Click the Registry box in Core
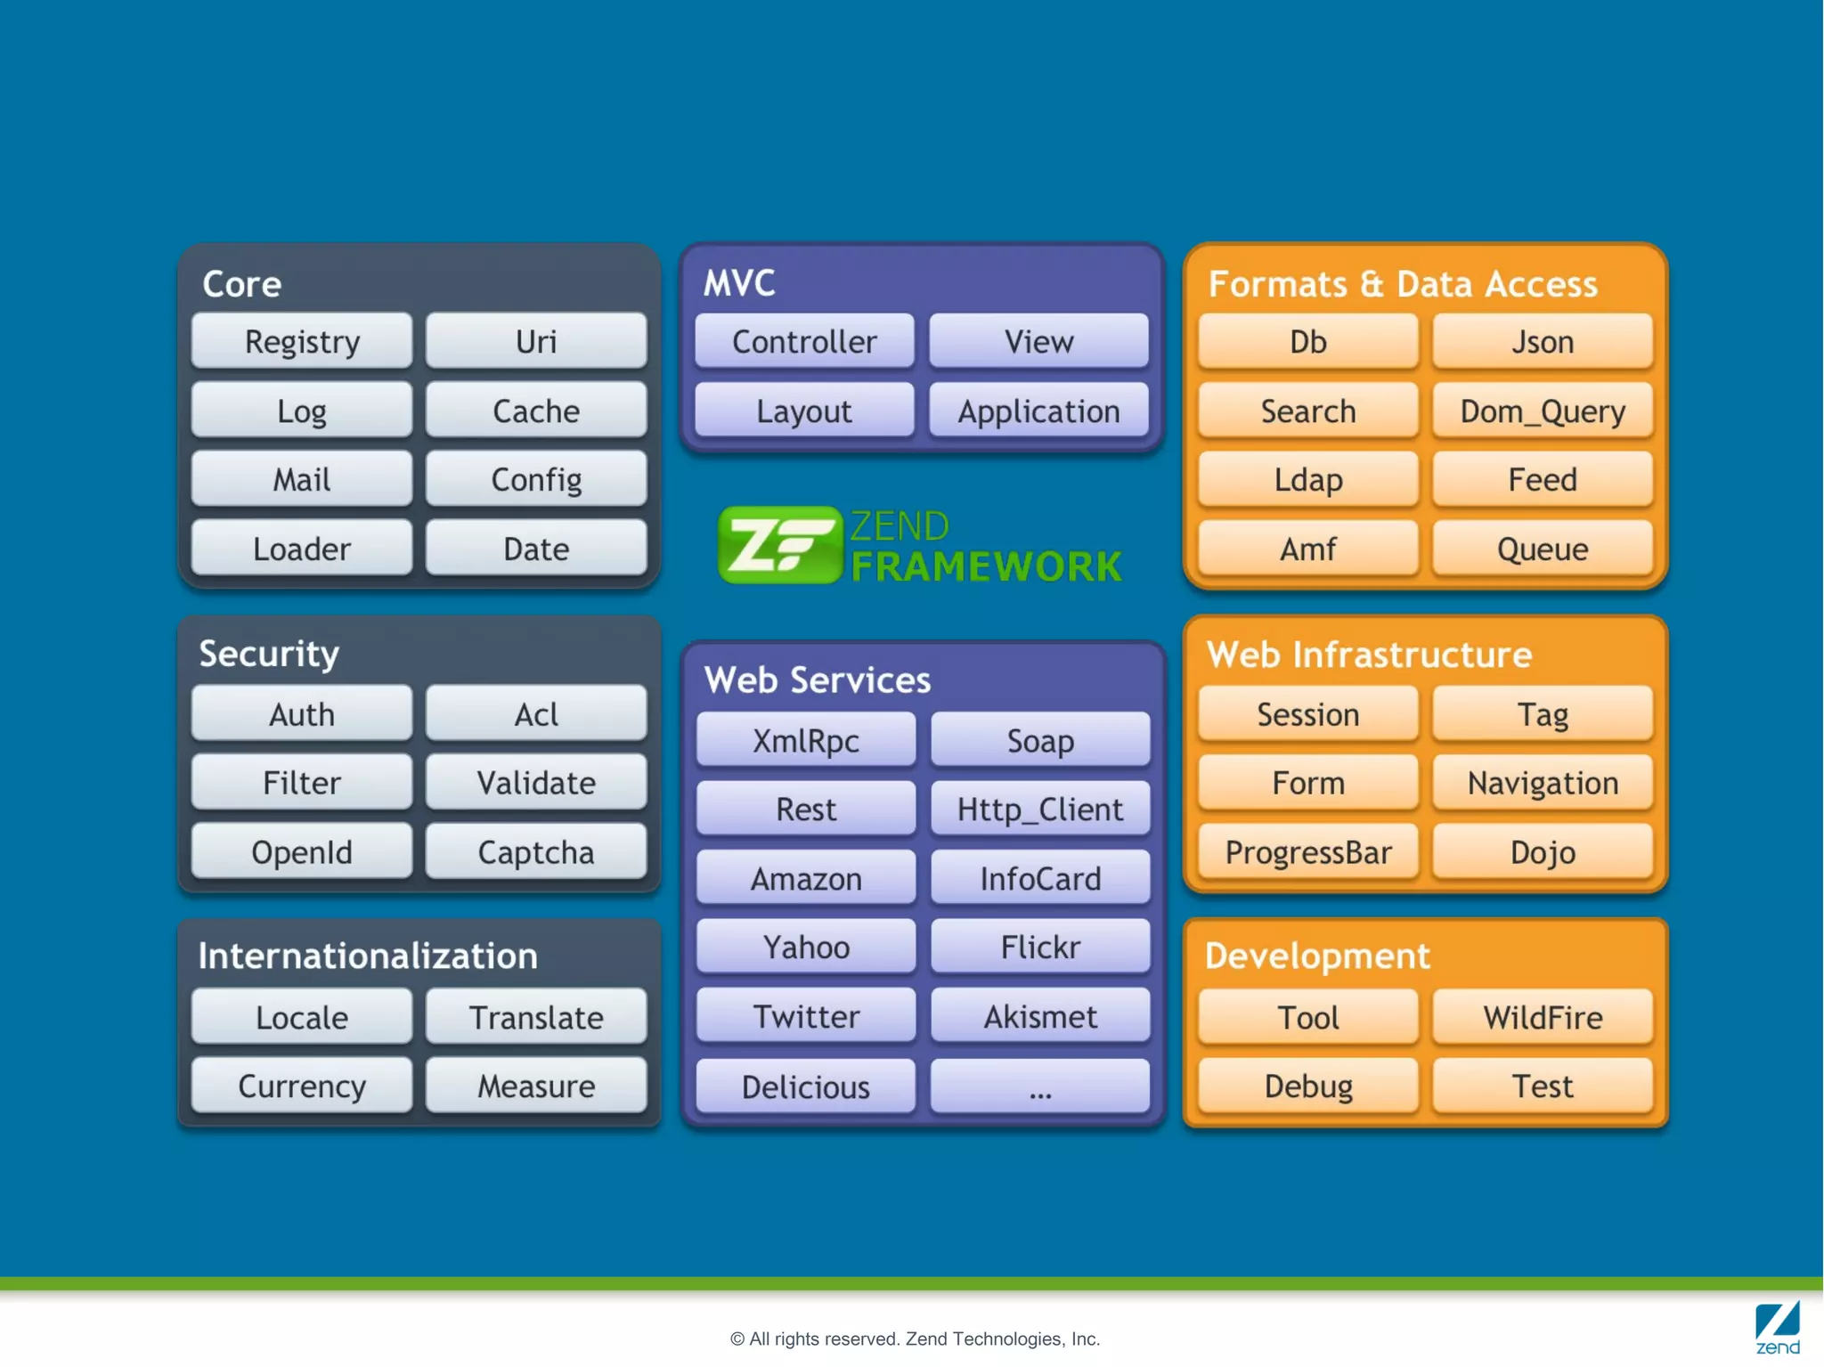(x=302, y=341)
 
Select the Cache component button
(x=536, y=411)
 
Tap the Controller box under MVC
(x=804, y=341)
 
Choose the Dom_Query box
(x=1543, y=411)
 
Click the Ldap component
(x=1307, y=480)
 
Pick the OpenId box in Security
(x=302, y=852)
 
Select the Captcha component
(x=536, y=852)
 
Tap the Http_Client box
(x=1039, y=810)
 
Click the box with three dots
(x=1039, y=1086)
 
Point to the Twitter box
(x=806, y=1016)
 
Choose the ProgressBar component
(x=1307, y=852)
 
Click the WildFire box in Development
(x=1543, y=1017)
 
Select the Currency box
(x=302, y=1086)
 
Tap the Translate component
(x=536, y=1017)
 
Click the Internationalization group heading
(x=368, y=956)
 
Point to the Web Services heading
(x=817, y=679)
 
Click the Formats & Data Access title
(x=1403, y=284)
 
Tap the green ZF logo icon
(x=779, y=544)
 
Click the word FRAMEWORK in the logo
(x=986, y=566)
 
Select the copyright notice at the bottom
(x=915, y=1339)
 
